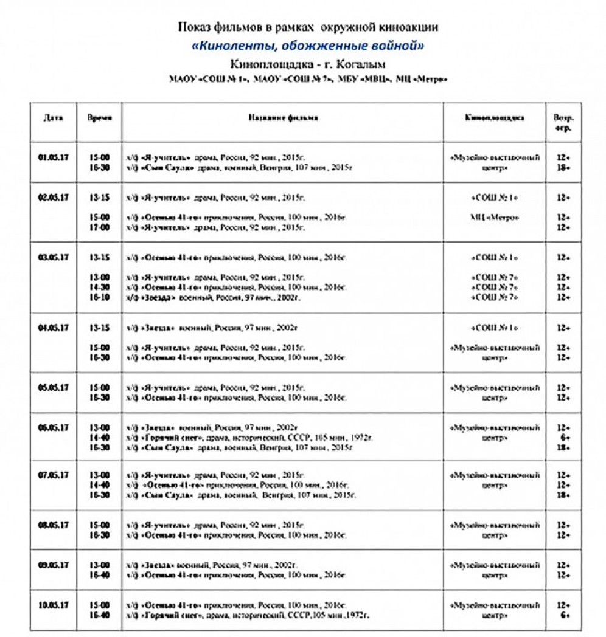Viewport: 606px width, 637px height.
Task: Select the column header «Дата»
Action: (54, 118)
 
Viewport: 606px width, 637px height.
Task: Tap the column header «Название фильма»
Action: (283, 118)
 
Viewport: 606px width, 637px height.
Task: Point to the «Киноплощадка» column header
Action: (495, 118)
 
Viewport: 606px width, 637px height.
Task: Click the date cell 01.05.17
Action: (54, 157)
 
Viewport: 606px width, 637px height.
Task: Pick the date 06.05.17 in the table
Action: (54, 427)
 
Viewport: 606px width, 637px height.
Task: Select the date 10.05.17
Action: (54, 605)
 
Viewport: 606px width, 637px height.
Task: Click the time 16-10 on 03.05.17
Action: (100, 297)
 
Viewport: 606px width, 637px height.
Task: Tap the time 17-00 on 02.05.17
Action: (100, 227)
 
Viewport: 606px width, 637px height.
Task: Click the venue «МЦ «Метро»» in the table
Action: (495, 217)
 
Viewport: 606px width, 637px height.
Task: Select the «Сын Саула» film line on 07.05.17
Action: (241, 495)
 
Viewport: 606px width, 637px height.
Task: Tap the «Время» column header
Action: (100, 118)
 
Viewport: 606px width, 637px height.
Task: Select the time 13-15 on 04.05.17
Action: (100, 328)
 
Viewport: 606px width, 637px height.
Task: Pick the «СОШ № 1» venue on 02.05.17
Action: (495, 198)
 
